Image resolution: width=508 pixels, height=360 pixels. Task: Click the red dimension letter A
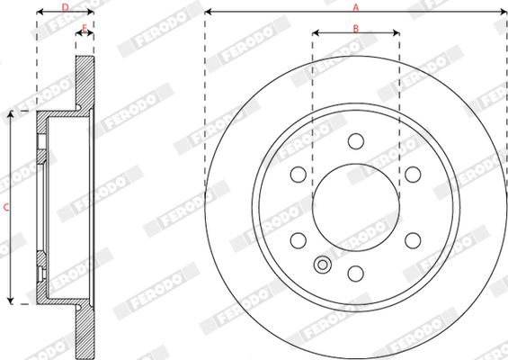click(x=356, y=7)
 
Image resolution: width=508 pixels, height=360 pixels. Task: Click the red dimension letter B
click(x=356, y=29)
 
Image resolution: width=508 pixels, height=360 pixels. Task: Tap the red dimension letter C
click(x=6, y=207)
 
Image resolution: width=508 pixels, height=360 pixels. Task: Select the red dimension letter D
click(x=66, y=7)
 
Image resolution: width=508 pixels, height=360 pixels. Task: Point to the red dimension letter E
click(x=85, y=28)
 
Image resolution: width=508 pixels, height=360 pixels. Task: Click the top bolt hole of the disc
click(x=356, y=141)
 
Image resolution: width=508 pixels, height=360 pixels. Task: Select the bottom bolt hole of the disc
click(x=356, y=274)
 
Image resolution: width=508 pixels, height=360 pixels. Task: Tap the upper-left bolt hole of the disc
click(x=299, y=175)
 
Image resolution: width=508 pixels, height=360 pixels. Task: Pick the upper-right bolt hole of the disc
click(x=413, y=175)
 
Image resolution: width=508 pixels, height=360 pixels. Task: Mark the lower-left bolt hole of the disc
click(x=299, y=240)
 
